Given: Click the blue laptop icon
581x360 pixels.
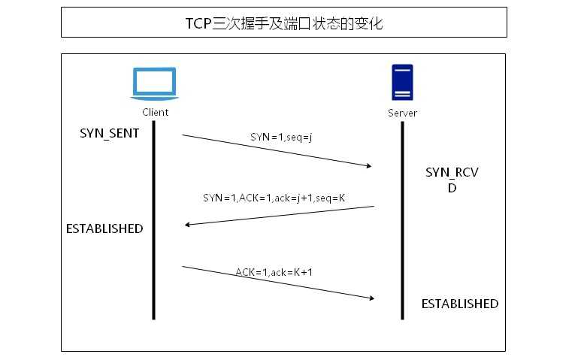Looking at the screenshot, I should (154, 83).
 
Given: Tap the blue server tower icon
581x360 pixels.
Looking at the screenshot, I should (402, 83).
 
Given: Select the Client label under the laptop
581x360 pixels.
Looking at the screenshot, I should (155, 112).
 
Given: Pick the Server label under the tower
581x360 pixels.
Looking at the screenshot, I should (402, 113).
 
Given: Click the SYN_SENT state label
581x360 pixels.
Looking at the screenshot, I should (110, 133).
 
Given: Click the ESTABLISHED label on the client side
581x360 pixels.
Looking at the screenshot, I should (104, 228).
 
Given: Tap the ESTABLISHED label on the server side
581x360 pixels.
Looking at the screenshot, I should (459, 304).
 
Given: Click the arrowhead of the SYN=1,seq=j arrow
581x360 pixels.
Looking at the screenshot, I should (370, 166).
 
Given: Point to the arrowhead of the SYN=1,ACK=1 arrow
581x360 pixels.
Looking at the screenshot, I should (188, 224).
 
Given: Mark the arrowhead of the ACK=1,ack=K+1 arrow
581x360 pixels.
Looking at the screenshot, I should (371, 298).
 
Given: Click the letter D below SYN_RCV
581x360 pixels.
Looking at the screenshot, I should (452, 188).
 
